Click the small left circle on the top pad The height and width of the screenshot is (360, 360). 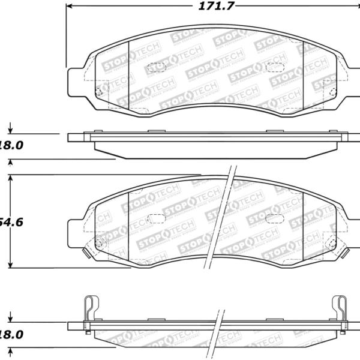99,91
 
